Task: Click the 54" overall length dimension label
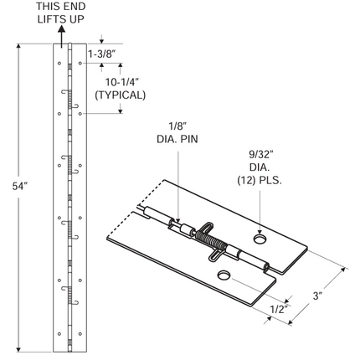pyautogui.click(x=19, y=186)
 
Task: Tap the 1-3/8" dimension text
pyautogui.click(x=102, y=54)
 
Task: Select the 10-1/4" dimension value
pyautogui.click(x=121, y=82)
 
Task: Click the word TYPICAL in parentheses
pyautogui.click(x=121, y=95)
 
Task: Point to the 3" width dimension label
pyautogui.click(x=317, y=296)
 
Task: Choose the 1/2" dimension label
pyautogui.click(x=279, y=310)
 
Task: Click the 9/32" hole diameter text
pyautogui.click(x=260, y=154)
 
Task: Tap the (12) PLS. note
pyautogui.click(x=260, y=181)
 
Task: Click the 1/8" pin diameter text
pyautogui.click(x=177, y=126)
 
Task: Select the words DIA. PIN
pyautogui.click(x=177, y=139)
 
